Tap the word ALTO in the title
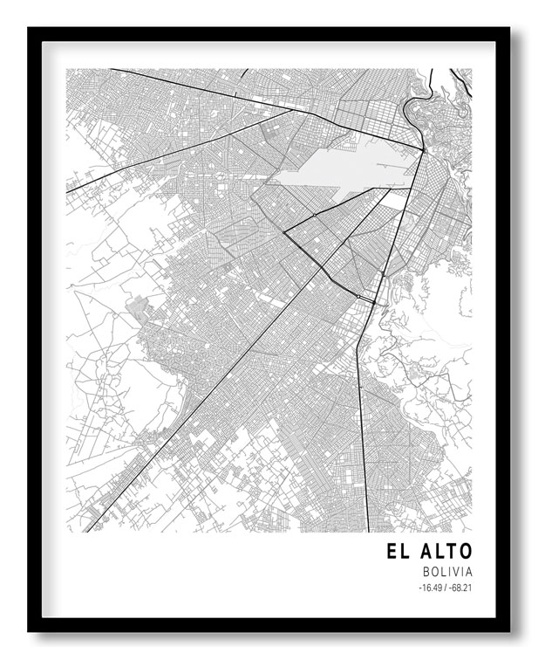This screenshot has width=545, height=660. [446, 552]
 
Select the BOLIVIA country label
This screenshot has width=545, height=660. [446, 572]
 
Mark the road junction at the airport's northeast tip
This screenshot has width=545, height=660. [424, 151]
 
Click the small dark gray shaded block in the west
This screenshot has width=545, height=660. [137, 306]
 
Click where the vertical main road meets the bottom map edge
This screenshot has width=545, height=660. [369, 531]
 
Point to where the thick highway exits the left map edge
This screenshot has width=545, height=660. [67, 191]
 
